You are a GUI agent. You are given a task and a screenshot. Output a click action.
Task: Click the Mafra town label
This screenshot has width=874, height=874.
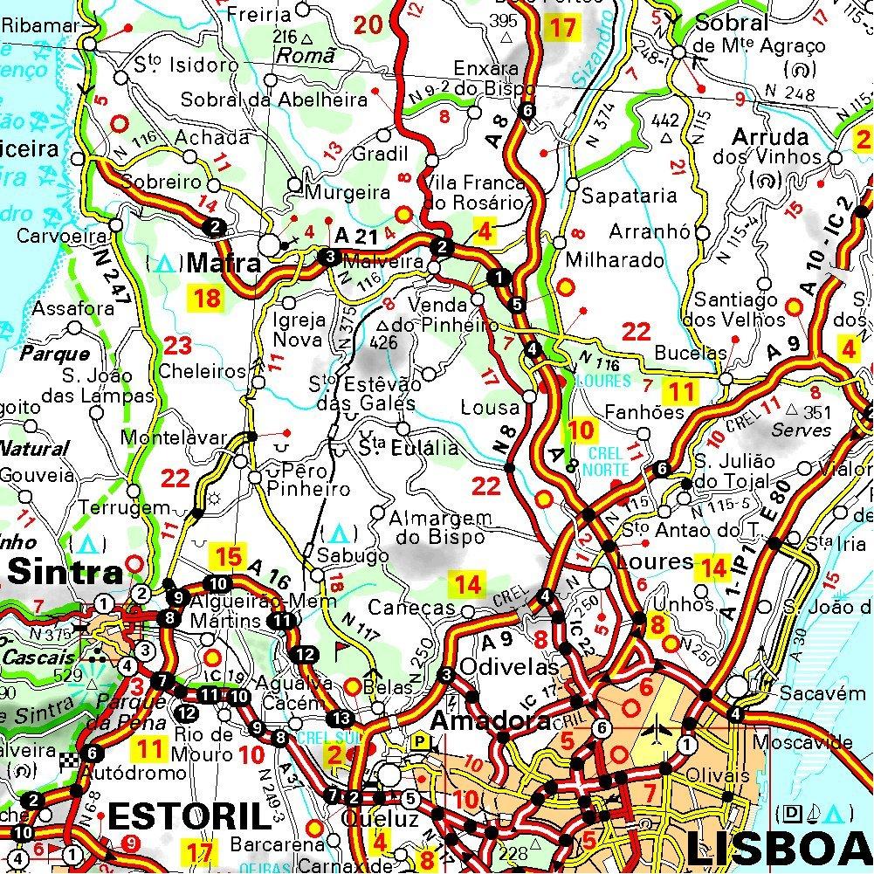pyautogui.click(x=224, y=263)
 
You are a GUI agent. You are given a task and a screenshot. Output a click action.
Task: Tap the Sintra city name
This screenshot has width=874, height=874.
pyautogui.click(x=65, y=574)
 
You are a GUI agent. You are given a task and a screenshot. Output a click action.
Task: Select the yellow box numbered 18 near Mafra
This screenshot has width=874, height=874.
pyautogui.click(x=207, y=299)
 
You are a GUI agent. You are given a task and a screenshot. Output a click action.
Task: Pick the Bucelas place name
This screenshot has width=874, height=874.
pyautogui.click(x=691, y=353)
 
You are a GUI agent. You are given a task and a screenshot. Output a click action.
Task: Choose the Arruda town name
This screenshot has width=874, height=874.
pyautogui.click(x=770, y=138)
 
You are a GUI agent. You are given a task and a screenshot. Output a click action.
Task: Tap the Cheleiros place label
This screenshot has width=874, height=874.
pyautogui.click(x=203, y=371)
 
